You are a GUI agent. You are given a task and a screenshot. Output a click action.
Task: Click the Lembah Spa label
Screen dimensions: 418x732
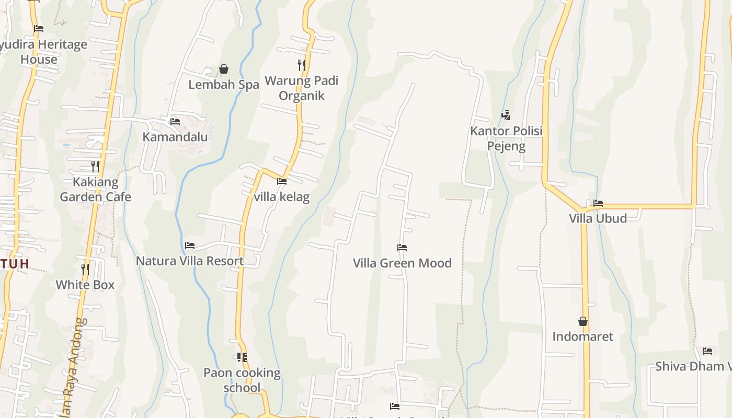(223, 85)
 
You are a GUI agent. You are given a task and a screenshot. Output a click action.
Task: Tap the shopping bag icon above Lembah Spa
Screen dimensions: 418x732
(224, 69)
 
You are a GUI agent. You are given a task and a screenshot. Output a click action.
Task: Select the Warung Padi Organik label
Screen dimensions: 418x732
(301, 88)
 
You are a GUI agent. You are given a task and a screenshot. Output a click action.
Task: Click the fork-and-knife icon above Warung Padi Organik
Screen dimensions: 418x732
(301, 65)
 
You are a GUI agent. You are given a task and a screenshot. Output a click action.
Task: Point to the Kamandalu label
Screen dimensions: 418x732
(175, 137)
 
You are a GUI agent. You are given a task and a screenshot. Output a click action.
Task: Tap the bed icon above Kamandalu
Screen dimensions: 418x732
(175, 122)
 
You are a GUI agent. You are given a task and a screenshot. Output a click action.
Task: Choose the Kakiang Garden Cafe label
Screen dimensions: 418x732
(95, 190)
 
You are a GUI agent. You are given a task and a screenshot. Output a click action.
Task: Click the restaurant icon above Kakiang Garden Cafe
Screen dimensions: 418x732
(95, 167)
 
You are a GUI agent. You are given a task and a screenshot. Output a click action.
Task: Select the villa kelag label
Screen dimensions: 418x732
(282, 197)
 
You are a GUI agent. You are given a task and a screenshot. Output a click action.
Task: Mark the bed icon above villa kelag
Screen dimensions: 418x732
(282, 181)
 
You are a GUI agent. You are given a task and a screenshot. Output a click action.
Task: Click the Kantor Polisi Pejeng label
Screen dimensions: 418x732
(506, 138)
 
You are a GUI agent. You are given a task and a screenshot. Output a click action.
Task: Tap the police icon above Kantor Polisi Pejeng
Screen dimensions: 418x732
(506, 115)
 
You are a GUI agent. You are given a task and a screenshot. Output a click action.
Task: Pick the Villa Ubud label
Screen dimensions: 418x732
(598, 218)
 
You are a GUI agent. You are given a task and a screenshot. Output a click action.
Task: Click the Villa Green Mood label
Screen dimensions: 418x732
(402, 263)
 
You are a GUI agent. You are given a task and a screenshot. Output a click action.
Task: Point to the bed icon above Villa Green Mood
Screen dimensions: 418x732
(402, 248)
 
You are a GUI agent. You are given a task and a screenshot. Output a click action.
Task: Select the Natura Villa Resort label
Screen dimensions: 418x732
(190, 261)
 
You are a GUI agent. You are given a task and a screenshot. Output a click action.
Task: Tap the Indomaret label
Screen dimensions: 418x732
(582, 336)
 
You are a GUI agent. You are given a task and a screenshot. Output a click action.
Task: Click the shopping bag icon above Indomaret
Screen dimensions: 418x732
(583, 321)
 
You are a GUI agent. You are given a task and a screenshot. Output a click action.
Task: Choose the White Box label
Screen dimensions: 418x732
(85, 285)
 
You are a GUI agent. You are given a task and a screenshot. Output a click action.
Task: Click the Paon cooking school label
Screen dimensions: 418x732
(242, 380)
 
